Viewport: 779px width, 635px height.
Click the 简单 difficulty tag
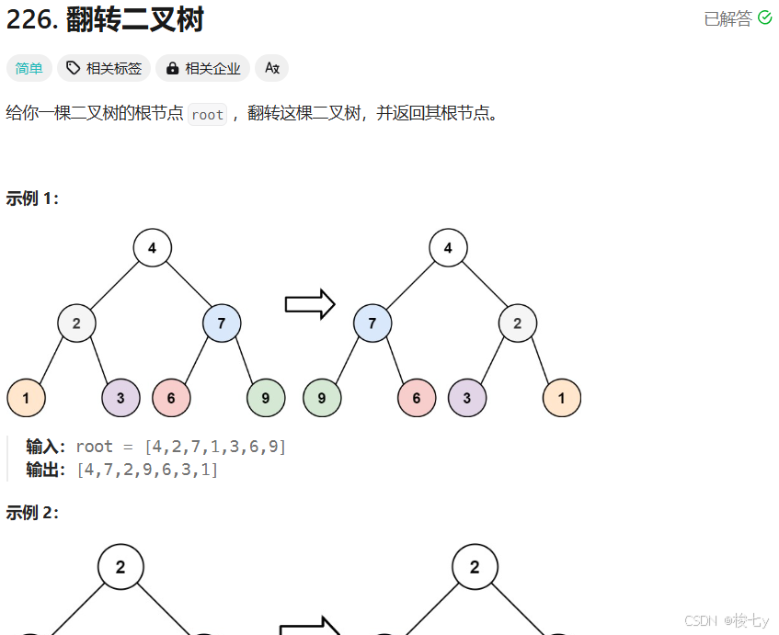point(29,68)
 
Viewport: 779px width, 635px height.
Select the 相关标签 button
point(104,68)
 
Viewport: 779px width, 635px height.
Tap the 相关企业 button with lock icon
point(203,68)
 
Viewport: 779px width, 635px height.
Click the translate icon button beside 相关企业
point(271,68)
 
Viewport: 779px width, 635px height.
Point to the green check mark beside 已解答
point(764,17)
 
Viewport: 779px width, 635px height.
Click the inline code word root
point(208,115)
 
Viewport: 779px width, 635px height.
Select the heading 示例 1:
point(32,198)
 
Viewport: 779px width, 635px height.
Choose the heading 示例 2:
point(32,513)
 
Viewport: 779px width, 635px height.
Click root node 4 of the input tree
point(152,248)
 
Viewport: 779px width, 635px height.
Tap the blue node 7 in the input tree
point(222,323)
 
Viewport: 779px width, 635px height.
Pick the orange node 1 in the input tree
point(26,398)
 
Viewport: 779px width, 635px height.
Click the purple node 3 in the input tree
point(120,398)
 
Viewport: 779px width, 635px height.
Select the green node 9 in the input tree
point(266,398)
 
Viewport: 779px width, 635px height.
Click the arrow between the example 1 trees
point(309,304)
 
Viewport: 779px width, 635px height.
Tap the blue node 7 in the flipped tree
point(372,323)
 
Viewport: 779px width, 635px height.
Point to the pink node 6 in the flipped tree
point(417,398)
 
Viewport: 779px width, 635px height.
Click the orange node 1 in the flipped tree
point(562,398)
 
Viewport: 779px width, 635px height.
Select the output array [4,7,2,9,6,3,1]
point(147,470)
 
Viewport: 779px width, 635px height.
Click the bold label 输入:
point(47,447)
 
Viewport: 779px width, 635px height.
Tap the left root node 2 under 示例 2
point(120,567)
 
